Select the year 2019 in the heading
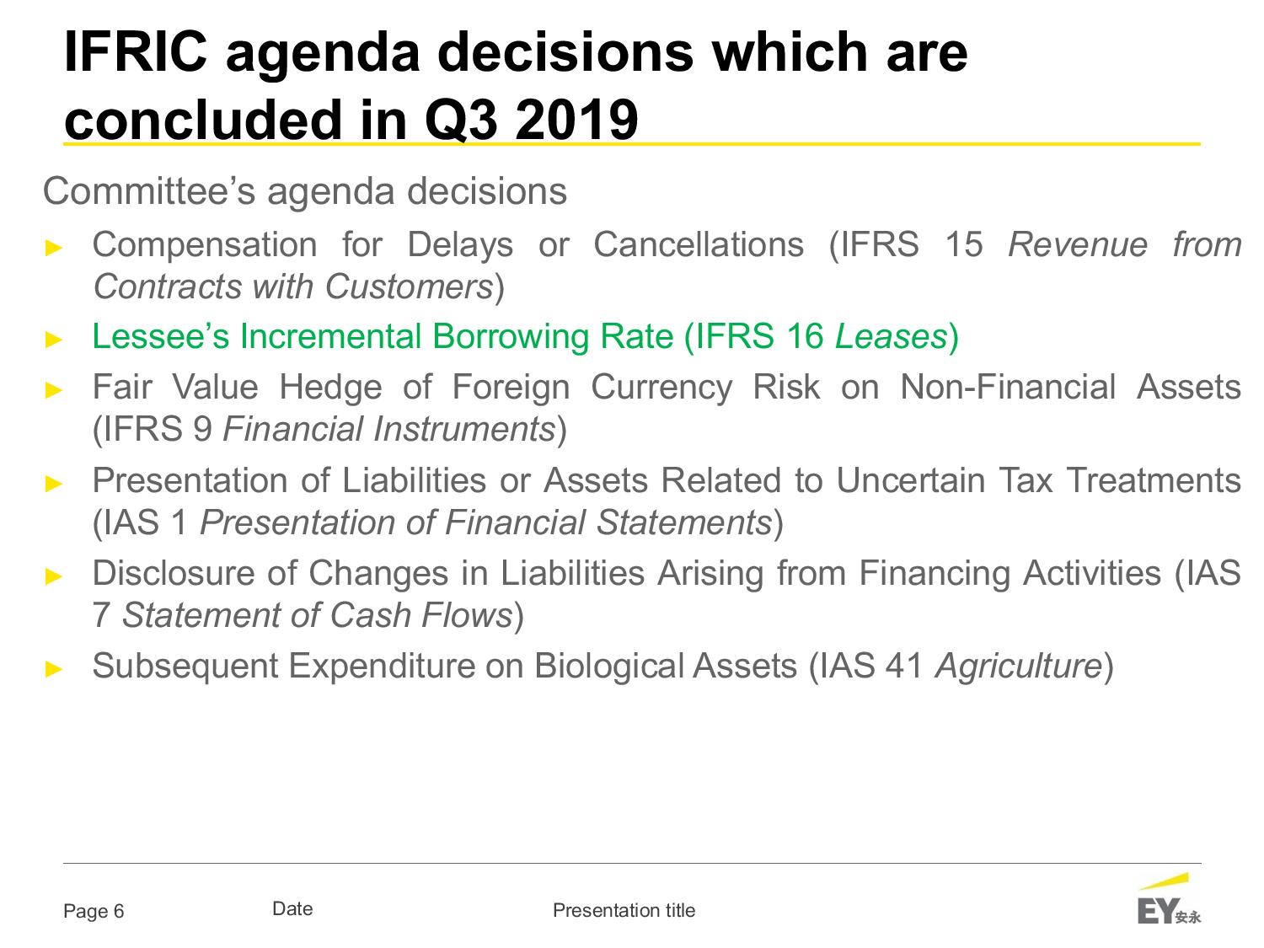coord(576,120)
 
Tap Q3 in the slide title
coord(461,121)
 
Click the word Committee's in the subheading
coord(148,190)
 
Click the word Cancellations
coord(699,244)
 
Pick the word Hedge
coord(330,388)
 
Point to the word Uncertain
coord(910,479)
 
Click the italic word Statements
coord(684,522)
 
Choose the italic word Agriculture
coord(1019,667)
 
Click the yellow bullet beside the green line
coord(54,339)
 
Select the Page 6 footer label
coord(94,911)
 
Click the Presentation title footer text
coord(624,910)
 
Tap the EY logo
coord(1169,900)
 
